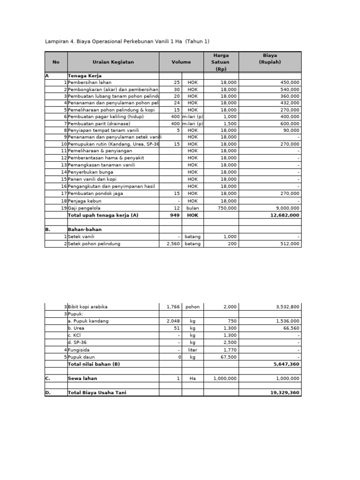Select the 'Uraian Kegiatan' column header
[113, 62]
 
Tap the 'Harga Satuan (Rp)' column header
[221, 62]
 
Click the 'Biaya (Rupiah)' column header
[270, 59]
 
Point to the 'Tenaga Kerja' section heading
[85, 75]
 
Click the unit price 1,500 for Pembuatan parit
[230, 124]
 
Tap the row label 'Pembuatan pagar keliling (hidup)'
[105, 117]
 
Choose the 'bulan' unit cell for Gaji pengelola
[193, 208]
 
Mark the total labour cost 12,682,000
[285, 215]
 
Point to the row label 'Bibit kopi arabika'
[88, 307]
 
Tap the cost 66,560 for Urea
[291, 329]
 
